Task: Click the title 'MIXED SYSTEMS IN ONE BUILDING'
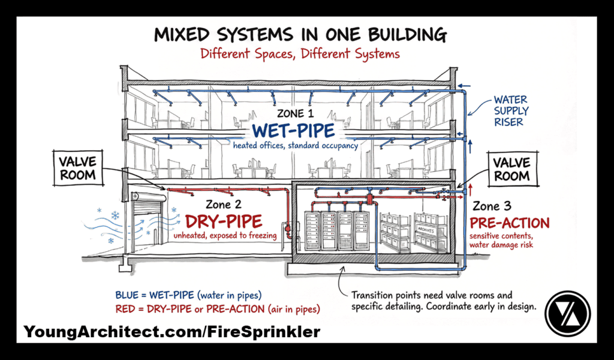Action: point(300,34)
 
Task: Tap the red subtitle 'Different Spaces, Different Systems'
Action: point(300,54)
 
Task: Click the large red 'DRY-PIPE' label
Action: point(225,221)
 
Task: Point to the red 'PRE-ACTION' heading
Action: point(510,223)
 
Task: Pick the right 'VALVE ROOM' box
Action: point(511,169)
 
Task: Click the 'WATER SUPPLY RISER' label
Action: point(511,111)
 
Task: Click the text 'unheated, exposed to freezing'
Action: point(225,236)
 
